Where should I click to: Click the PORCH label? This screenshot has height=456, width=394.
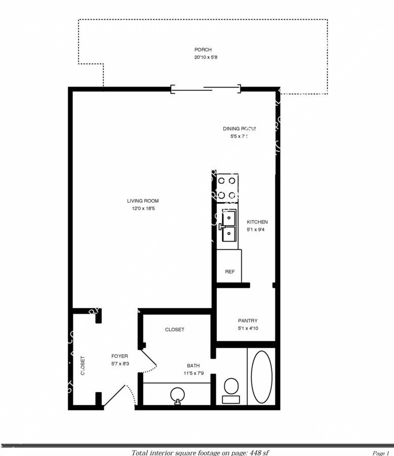(203, 50)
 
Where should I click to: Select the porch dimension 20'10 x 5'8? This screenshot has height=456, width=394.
(203, 57)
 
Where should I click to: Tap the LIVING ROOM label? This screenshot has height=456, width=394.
(143, 201)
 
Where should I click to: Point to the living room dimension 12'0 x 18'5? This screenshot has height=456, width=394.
(143, 209)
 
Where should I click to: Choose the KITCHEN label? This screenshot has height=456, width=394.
(257, 222)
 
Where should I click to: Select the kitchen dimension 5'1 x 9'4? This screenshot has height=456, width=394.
(257, 230)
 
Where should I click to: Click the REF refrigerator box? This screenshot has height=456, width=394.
(229, 271)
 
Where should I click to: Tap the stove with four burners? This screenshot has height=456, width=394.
(227, 187)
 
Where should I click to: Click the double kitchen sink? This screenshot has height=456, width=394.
(229, 226)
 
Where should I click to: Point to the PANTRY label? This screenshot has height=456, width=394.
(248, 321)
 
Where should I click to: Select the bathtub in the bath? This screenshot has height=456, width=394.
(261, 376)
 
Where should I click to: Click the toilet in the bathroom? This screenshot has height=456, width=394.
(231, 389)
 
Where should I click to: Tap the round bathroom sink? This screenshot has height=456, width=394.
(178, 394)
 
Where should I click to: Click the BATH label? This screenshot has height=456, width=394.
(193, 365)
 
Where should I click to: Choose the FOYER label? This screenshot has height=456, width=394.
(120, 356)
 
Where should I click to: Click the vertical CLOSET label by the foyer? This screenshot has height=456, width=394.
(83, 365)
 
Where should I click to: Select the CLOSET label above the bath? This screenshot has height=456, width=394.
(175, 329)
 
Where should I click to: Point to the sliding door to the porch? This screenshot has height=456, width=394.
(205, 89)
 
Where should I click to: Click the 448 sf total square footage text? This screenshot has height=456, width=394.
(204, 452)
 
